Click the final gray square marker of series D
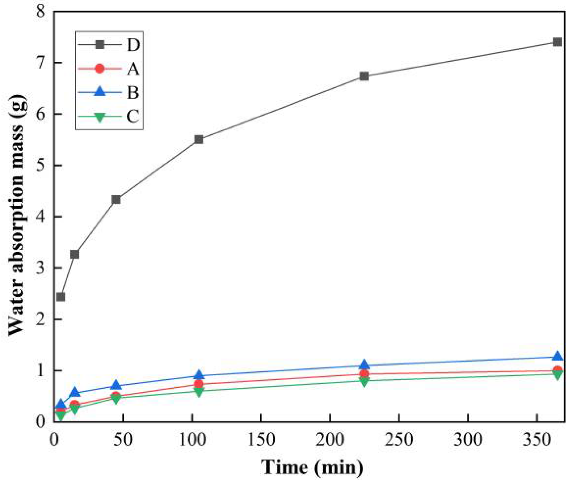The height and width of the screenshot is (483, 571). [557, 42]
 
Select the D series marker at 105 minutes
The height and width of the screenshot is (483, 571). [199, 139]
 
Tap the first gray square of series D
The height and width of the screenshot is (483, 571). [61, 297]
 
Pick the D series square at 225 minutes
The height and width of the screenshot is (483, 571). [364, 76]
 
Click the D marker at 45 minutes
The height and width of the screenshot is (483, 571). [116, 199]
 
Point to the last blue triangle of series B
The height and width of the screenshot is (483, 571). [557, 356]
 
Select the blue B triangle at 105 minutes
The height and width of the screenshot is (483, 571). [199, 375]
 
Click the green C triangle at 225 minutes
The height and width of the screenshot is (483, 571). [364, 381]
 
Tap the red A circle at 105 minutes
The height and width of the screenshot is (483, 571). [199, 384]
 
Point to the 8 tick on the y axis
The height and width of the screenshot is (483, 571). [41, 11]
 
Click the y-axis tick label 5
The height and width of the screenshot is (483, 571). [41, 166]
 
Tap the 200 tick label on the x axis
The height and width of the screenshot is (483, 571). [330, 440]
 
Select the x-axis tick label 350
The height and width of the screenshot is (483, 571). [537, 440]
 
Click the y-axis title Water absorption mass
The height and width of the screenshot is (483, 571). [17, 215]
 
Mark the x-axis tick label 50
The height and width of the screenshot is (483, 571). [123, 440]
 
